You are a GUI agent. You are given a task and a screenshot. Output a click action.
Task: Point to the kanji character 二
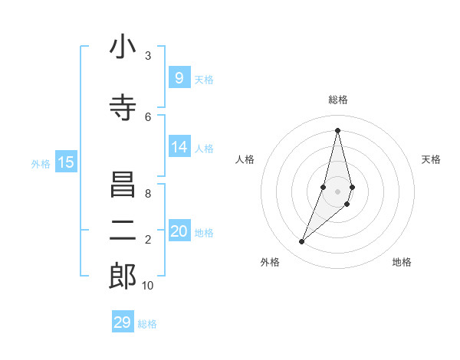pos(123,231)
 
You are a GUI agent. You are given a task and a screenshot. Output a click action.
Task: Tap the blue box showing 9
pos(179,77)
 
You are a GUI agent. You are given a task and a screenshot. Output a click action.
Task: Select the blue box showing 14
pos(179,147)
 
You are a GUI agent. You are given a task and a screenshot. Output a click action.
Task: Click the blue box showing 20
pos(179,231)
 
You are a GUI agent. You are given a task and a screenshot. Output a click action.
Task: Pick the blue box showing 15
pos(66,162)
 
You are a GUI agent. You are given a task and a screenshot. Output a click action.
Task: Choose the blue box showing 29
pos(122,322)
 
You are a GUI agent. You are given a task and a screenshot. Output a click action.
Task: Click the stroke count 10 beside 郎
pos(148,286)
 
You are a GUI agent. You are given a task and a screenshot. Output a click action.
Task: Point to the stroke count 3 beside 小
pos(148,56)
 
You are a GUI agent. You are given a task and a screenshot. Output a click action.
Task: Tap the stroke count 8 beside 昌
pos(148,194)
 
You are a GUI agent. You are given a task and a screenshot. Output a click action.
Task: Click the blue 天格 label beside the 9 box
pos(204,79)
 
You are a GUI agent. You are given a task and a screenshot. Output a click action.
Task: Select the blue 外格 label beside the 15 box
pos(41,163)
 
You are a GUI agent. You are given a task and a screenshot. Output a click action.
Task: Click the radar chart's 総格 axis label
pos(337,100)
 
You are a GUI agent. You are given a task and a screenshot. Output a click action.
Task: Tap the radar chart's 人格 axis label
pos(245,159)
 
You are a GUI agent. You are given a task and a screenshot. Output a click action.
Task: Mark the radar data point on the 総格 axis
pos(337,129)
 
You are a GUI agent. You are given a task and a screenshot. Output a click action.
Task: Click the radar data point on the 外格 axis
pos(301,242)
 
